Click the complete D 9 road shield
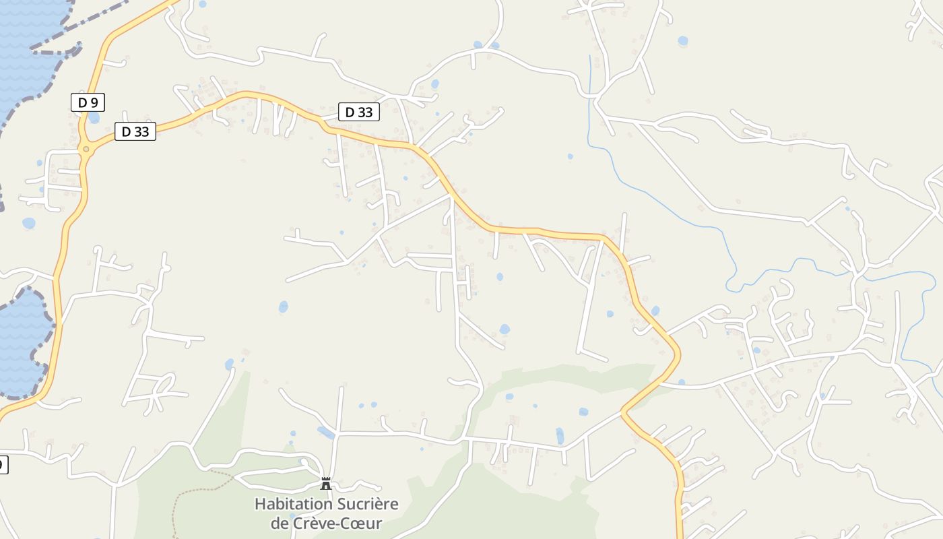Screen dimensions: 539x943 [88, 102]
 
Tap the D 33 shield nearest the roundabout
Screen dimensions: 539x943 [135, 131]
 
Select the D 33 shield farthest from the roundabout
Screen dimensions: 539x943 [358, 112]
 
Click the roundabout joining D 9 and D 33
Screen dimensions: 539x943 [86, 150]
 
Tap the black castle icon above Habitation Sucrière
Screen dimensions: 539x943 [326, 483]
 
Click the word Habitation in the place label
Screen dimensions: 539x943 [293, 504]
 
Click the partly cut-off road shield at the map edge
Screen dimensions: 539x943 [3, 464]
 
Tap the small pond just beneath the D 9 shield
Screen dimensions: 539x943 [94, 118]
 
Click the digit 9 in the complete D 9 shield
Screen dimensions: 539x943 [94, 102]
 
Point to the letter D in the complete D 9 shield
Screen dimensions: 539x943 [82, 102]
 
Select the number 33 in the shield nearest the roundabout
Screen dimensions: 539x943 [141, 131]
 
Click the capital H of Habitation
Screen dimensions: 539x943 [259, 504]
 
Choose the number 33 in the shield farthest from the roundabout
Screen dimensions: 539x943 [364, 112]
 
